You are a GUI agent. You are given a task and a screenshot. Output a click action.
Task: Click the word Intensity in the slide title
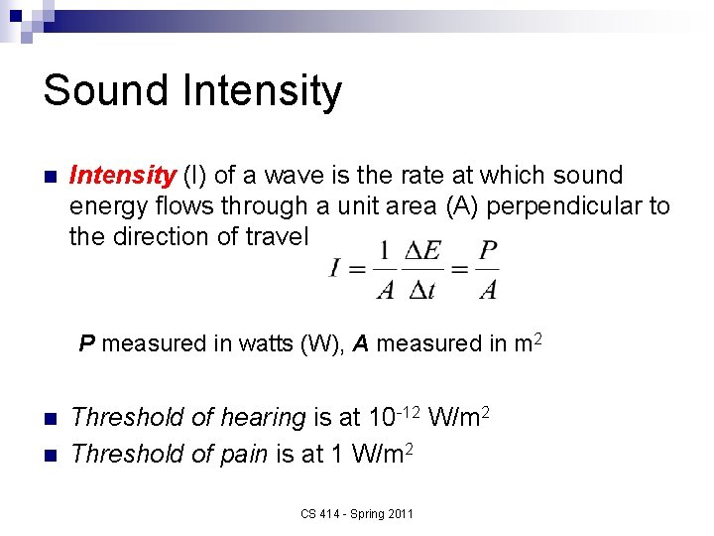pos(263,90)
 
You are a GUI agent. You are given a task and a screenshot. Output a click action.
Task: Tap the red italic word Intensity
pos(122,176)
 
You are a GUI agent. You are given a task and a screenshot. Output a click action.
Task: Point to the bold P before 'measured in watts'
pos(87,344)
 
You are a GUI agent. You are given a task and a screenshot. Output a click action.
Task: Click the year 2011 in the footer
pos(399,514)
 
